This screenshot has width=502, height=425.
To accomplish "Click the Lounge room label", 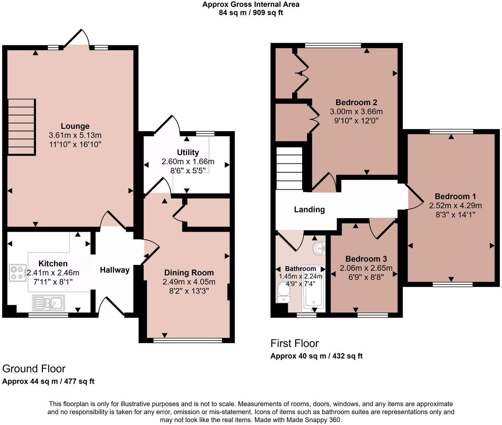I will [x=75, y=126].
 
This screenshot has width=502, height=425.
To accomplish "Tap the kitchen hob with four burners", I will [x=18, y=273].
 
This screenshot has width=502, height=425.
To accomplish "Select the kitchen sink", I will [x=48, y=303].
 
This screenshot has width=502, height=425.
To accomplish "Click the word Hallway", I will [x=115, y=270].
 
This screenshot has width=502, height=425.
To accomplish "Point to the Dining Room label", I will [x=189, y=273].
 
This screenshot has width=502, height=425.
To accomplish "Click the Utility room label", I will [x=188, y=152].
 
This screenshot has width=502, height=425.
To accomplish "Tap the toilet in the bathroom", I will [x=283, y=292].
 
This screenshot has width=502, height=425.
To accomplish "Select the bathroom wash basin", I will [x=319, y=249].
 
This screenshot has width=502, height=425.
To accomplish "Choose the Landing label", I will [x=309, y=210].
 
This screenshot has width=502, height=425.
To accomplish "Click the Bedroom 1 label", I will [x=455, y=197].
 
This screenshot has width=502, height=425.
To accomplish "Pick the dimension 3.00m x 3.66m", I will [x=356, y=111].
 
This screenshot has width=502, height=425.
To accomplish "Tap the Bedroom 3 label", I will [x=366, y=259].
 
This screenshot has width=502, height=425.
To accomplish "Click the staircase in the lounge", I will [x=22, y=127].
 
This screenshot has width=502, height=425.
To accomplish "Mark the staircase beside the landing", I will [x=289, y=169].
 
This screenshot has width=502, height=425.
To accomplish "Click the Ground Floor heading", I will [x=34, y=369].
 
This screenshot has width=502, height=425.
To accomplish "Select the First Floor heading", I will [x=295, y=343].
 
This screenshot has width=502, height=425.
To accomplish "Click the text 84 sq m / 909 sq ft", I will [x=251, y=13].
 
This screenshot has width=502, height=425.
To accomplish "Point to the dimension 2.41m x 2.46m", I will [x=53, y=273].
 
